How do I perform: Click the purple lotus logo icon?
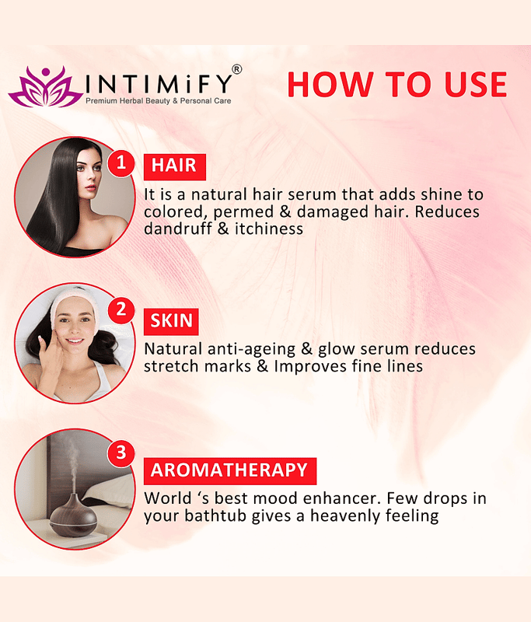[45, 87]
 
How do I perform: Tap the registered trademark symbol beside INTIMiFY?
[236, 69]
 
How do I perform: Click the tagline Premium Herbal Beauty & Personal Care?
[159, 101]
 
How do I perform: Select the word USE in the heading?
[476, 84]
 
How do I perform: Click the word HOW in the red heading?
[330, 84]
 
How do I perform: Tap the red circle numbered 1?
[121, 162]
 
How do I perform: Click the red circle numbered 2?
[121, 309]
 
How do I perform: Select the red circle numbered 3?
[121, 452]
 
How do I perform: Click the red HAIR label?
[174, 166]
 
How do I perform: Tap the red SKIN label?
[171, 321]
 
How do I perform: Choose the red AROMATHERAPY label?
[230, 471]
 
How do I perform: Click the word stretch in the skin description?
[170, 366]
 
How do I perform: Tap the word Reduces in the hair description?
[447, 211]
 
